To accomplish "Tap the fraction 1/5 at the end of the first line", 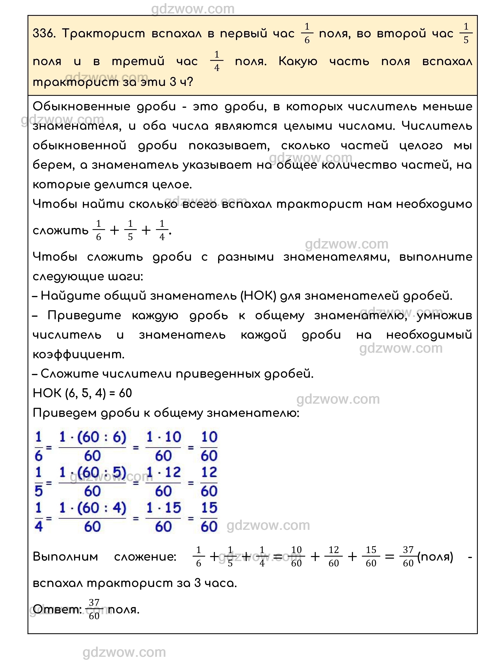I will point(466,33).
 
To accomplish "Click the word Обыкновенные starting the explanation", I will point(81,106).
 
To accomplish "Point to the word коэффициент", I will point(78,354).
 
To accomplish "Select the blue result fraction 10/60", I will point(209,446).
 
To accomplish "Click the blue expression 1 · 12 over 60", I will point(163,481).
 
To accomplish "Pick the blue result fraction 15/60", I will point(209,517).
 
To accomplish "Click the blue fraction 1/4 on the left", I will point(39,517).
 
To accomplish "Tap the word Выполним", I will point(65,557).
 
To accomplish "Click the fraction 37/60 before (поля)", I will point(408,557).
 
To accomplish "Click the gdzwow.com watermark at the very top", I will point(193,9).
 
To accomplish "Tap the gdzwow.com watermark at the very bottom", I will point(124,652).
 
